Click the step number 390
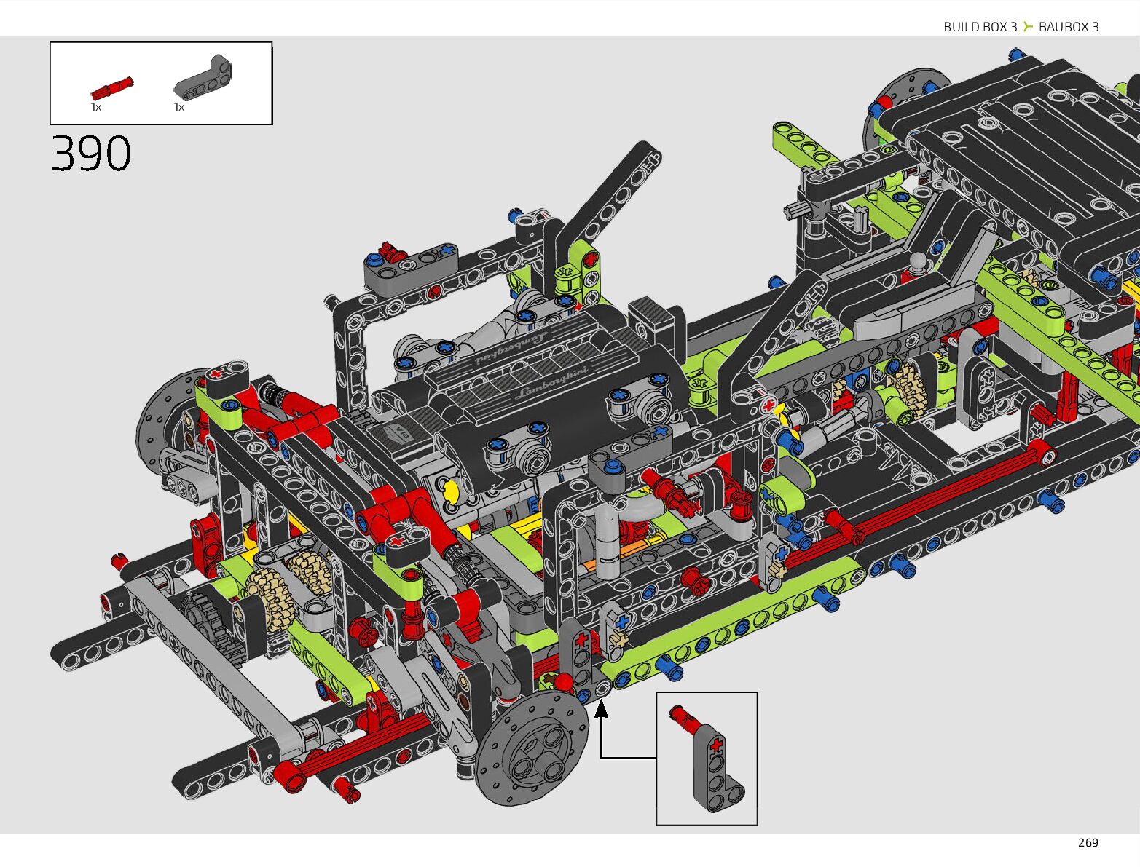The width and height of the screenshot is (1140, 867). click(91, 153)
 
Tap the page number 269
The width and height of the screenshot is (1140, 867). click(1088, 843)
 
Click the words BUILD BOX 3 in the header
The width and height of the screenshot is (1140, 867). click(980, 27)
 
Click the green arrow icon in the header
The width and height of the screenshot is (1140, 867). click(1028, 26)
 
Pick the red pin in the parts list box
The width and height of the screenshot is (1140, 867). click(111, 88)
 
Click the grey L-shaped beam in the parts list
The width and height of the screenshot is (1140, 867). click(203, 78)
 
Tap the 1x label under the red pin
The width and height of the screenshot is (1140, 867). click(96, 107)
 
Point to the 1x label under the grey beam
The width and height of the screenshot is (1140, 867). click(179, 107)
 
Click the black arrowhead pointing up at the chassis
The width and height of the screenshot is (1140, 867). click(601, 709)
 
